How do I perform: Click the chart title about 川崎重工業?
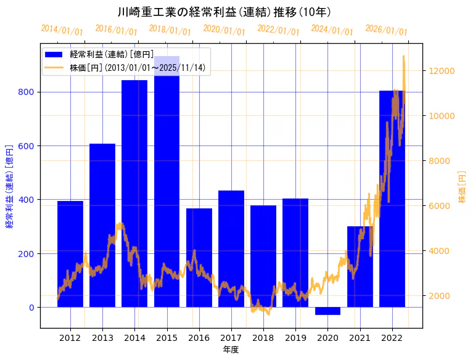click(x=224, y=12)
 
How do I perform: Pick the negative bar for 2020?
click(x=327, y=311)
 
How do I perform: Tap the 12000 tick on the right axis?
click(x=441, y=71)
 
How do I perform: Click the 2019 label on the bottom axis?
click(x=295, y=338)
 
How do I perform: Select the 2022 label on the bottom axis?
click(x=392, y=338)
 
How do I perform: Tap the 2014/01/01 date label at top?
click(x=62, y=30)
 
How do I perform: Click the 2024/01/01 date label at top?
click(x=332, y=30)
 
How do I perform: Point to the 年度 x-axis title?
click(x=231, y=350)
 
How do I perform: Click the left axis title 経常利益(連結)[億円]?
click(x=9, y=187)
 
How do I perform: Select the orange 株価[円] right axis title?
click(x=462, y=187)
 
